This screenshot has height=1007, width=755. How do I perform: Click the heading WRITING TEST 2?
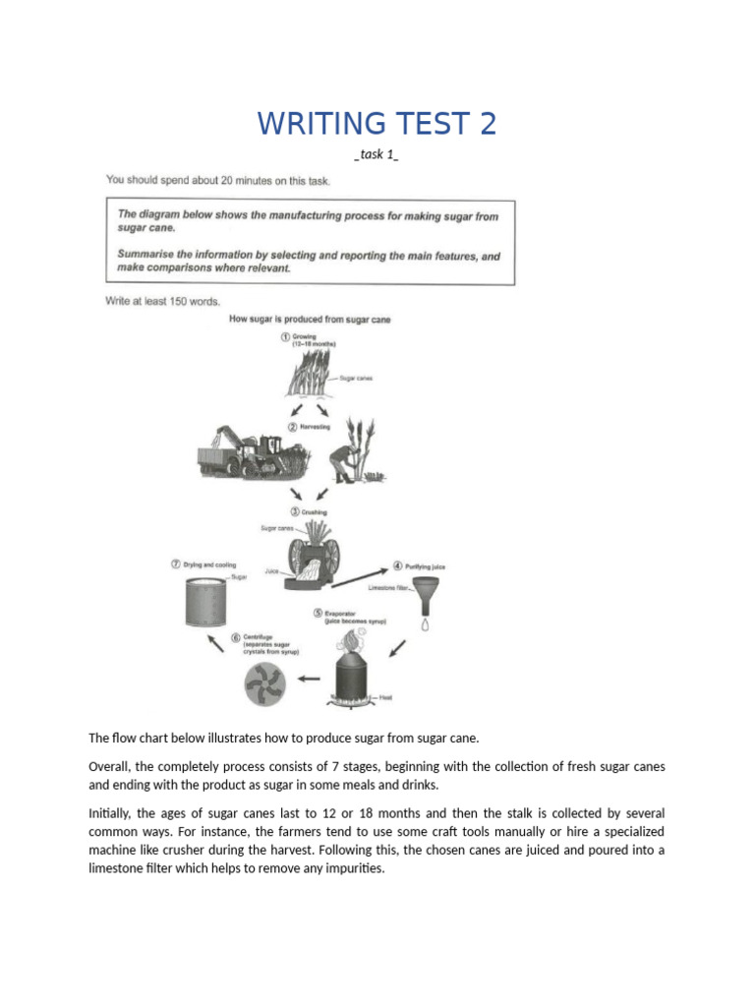tap(377, 124)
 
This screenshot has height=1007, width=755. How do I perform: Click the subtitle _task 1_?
tap(377, 154)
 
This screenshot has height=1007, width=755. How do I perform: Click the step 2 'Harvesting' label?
tap(312, 428)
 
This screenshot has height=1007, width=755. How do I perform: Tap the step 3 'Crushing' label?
tap(310, 512)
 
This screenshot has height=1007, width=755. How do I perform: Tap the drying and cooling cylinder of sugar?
tap(205, 603)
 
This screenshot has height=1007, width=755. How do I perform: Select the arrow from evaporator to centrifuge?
tap(309, 678)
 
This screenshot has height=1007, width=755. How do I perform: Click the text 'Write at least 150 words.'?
tap(163, 301)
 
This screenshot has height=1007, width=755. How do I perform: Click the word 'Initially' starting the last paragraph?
tap(108, 814)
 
